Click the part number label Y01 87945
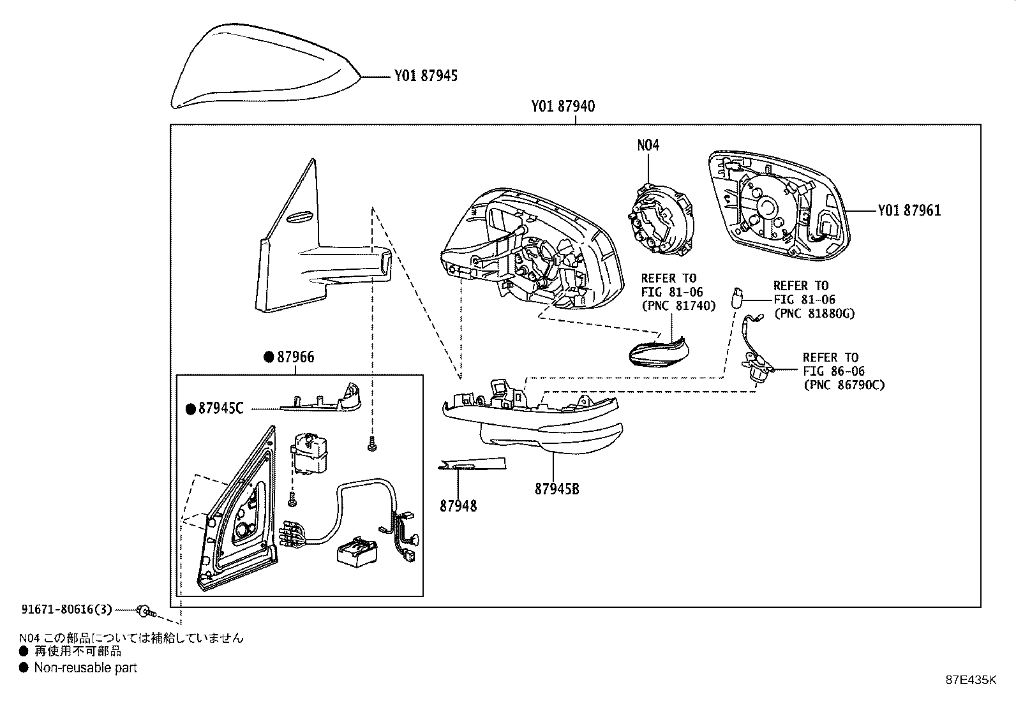click(425, 77)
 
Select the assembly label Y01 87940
click(563, 107)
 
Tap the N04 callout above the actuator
click(648, 145)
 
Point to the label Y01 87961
click(909, 210)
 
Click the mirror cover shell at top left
click(262, 67)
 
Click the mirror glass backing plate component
click(775, 207)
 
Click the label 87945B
click(557, 489)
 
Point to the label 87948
click(458, 506)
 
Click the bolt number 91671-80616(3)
click(66, 610)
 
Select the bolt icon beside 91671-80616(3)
click(146, 612)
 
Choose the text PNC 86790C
click(844, 385)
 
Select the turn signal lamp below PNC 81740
click(657, 351)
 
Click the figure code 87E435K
click(970, 680)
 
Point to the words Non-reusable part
click(85, 668)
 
